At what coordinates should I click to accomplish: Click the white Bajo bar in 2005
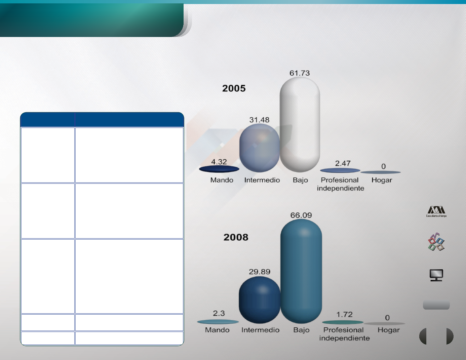click(x=300, y=125)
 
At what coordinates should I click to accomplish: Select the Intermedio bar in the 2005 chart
click(x=260, y=148)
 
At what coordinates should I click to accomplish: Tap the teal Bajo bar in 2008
click(x=301, y=271)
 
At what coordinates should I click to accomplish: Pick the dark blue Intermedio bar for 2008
click(x=260, y=300)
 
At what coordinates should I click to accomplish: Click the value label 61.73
click(x=300, y=73)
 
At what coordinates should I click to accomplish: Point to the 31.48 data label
click(x=259, y=120)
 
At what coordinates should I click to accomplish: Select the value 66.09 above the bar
click(x=301, y=215)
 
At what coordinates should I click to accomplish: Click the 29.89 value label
click(x=260, y=272)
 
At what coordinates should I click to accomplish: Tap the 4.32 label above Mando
click(x=219, y=162)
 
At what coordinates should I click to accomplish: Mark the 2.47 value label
click(x=343, y=164)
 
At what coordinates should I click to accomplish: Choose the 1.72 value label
click(x=344, y=315)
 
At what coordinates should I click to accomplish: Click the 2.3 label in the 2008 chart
click(x=219, y=314)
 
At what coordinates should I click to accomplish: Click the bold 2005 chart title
click(x=234, y=88)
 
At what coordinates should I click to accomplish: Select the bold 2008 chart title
click(x=236, y=237)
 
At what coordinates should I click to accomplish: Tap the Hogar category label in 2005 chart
click(x=382, y=180)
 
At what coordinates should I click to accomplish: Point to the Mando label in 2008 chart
click(x=217, y=330)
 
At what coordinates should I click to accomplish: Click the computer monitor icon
click(x=436, y=275)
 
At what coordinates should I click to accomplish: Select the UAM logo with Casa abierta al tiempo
click(x=436, y=212)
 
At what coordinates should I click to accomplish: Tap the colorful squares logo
click(x=436, y=242)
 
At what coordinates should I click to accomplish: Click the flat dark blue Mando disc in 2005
click(x=219, y=169)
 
